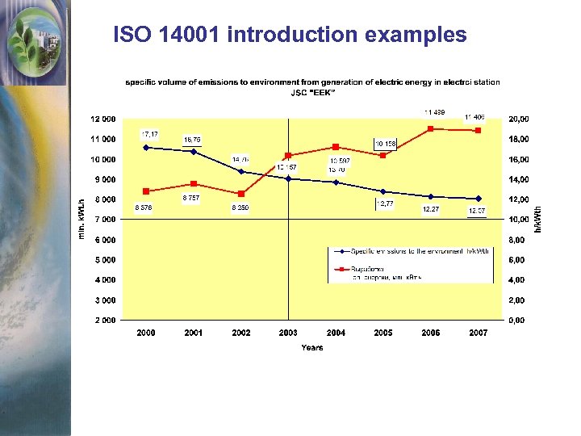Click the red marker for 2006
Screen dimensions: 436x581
tap(431, 128)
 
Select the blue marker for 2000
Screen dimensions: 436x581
tap(146, 148)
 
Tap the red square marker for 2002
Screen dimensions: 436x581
tap(240, 194)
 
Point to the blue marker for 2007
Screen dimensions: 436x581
tap(479, 199)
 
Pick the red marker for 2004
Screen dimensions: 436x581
tap(336, 147)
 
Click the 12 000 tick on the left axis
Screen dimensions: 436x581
tap(103, 119)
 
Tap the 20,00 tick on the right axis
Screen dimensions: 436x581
tap(518, 119)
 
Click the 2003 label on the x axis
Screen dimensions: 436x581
tap(288, 333)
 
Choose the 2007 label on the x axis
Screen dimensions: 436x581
tap(478, 333)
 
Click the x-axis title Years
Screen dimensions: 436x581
tap(311, 348)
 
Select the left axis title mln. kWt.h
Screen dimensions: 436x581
tap(82, 220)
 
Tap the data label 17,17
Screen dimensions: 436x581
tap(150, 133)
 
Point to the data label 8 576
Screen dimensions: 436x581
tap(143, 208)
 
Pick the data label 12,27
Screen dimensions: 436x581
tap(431, 209)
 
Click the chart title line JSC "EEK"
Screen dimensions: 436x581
tap(312, 92)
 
